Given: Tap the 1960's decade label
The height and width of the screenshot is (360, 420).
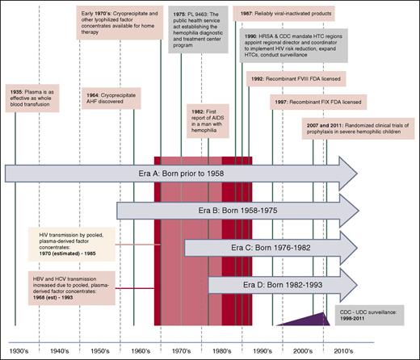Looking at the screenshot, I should pyautogui.click(x=141, y=353).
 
